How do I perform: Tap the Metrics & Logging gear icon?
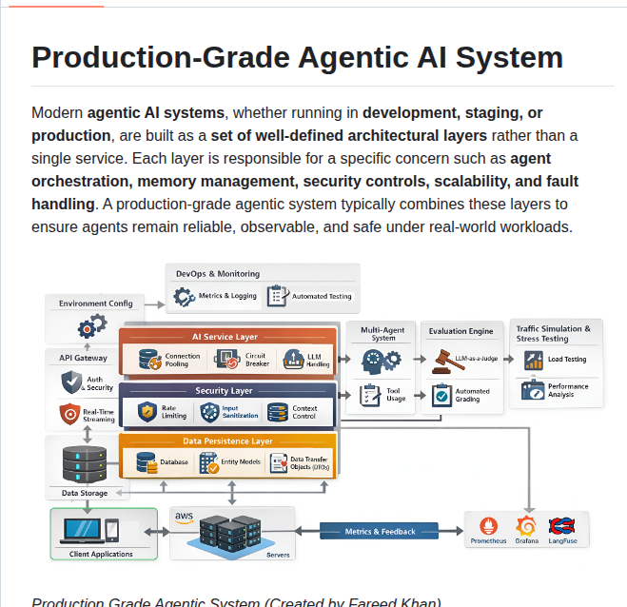pyautogui.click(x=185, y=297)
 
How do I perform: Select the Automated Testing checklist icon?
pyautogui.click(x=277, y=296)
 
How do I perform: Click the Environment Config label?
pyautogui.click(x=96, y=303)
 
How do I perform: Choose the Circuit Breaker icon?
pyautogui.click(x=227, y=360)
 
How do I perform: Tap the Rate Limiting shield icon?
pyautogui.click(x=147, y=412)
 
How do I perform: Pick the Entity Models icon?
pyautogui.click(x=207, y=463)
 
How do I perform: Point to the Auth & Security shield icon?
pyautogui.click(x=71, y=382)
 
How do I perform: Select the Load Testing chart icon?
pyautogui.click(x=532, y=360)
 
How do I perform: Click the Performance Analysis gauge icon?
pyautogui.click(x=532, y=389)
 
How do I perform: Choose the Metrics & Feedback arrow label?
pyautogui.click(x=380, y=532)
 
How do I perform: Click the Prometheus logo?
pyautogui.click(x=489, y=526)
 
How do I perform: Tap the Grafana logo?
pyautogui.click(x=526, y=526)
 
